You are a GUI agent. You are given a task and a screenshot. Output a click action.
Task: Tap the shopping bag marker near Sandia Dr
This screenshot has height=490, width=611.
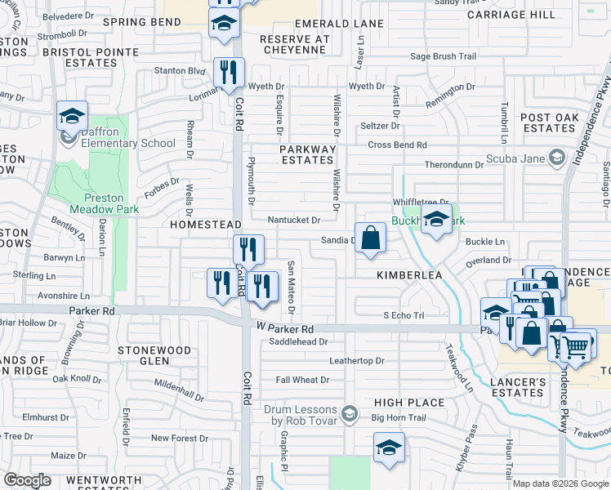370,238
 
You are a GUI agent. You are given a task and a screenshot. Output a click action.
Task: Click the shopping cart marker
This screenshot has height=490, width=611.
574,346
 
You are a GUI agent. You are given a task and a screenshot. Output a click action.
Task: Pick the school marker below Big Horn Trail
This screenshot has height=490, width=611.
389,448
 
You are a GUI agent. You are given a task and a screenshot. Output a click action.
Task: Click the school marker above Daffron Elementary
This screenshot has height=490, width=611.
72,116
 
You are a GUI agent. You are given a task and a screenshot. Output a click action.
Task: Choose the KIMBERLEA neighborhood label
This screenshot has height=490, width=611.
409,276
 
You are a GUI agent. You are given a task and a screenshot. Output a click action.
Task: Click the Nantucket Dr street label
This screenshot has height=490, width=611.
293,220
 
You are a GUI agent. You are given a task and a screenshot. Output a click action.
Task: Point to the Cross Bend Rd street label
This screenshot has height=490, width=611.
397,145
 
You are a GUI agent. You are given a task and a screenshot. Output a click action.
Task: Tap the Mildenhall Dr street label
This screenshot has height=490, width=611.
179,390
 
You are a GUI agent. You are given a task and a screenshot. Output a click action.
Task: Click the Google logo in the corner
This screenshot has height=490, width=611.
28,480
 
